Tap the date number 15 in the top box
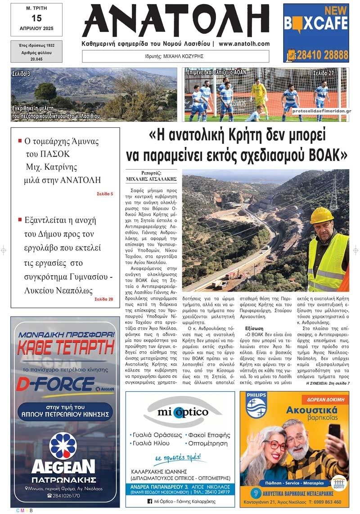36,18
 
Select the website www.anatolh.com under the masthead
244,44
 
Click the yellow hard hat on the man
322,216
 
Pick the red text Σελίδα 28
104,299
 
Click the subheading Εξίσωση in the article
254,329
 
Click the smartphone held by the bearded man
334,432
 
